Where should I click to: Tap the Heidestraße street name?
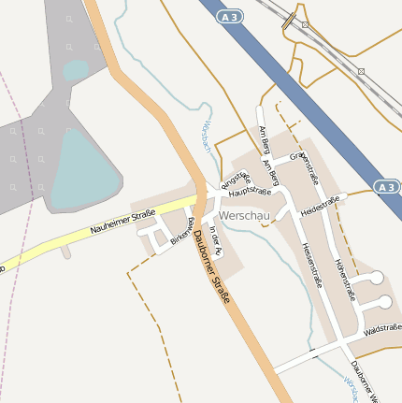320,206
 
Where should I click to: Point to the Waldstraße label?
382,328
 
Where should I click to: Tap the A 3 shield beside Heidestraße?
387,187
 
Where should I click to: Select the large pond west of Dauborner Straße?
83,168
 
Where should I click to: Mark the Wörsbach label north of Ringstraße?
206,137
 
